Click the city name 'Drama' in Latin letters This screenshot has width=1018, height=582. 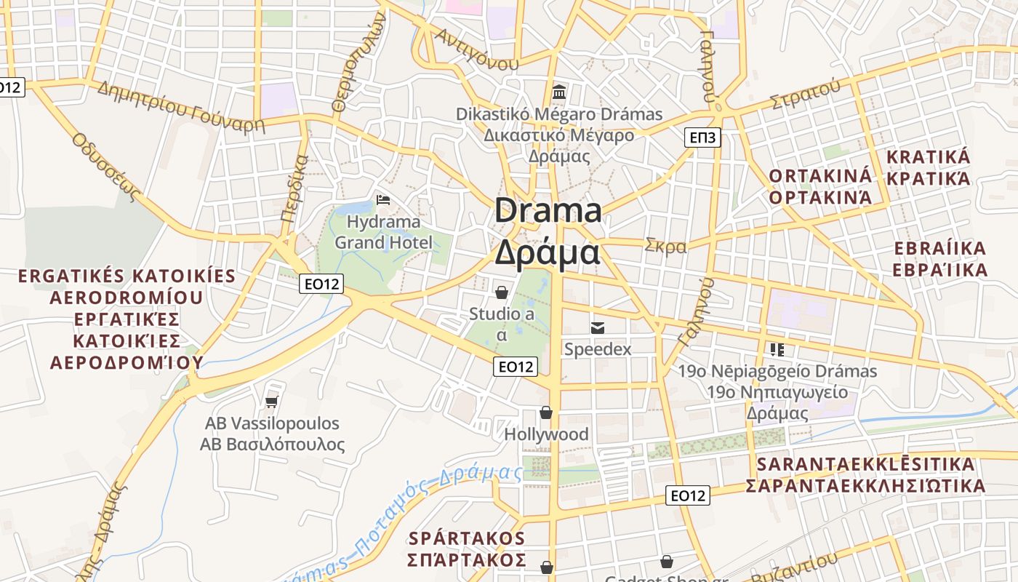(548, 211)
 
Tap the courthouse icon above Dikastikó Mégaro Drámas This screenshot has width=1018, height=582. (559, 92)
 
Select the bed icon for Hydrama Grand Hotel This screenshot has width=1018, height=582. (383, 200)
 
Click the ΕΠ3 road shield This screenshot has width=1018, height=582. (702, 137)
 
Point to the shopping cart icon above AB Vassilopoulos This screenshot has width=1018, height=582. (272, 401)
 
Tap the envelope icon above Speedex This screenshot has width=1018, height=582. (598, 328)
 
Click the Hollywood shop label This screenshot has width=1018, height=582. (547, 434)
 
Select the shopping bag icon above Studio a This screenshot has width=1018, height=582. (501, 292)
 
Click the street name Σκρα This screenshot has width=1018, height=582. (665, 246)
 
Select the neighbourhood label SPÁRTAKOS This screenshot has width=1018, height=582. (467, 538)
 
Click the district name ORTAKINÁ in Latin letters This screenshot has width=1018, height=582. (819, 176)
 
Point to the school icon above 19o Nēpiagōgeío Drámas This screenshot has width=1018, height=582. (777, 350)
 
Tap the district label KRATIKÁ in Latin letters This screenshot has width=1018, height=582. (929, 157)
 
